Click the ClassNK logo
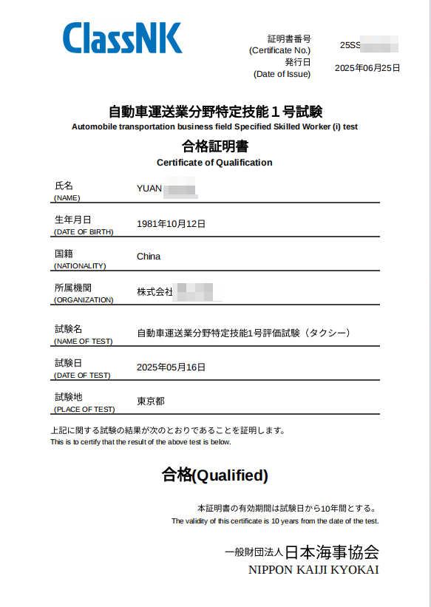122,38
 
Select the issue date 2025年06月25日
367,68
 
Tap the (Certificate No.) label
280,50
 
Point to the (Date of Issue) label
282,74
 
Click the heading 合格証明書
214,146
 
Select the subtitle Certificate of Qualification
214,163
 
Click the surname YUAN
149,188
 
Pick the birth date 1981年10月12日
171,223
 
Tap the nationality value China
149,257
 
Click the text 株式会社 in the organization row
155,292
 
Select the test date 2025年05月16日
171,367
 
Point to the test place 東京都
151,401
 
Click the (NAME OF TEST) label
84,342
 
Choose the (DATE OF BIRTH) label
84,232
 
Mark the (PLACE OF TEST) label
84,410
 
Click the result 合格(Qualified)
214,475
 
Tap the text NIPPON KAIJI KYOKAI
313,570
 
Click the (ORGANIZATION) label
84,300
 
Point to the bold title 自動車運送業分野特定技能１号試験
215,112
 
